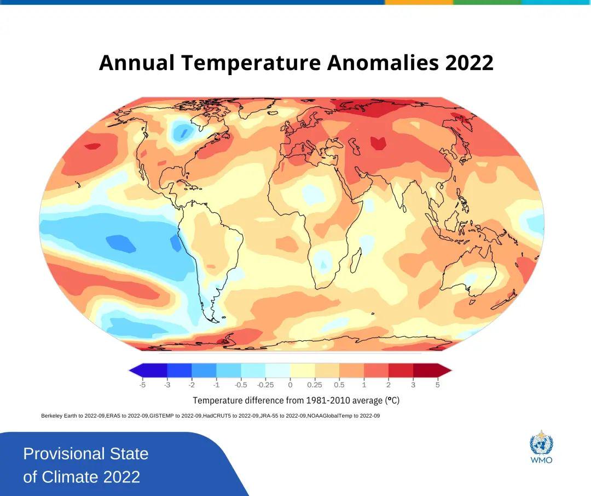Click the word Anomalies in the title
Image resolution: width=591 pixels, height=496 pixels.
point(383,63)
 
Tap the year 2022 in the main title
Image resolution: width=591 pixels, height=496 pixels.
point(470,63)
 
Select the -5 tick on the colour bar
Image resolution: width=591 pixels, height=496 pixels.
point(142,385)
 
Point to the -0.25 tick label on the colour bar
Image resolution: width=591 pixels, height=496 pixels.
point(265,385)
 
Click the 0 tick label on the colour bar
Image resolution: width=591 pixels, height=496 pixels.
point(290,385)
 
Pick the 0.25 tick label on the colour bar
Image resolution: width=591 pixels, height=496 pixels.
point(315,385)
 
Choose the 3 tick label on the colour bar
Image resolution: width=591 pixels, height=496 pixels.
point(413,385)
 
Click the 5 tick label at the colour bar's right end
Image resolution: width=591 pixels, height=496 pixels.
point(437,385)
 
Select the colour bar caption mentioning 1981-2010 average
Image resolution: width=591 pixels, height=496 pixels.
point(296,400)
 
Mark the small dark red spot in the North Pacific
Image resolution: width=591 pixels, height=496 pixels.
point(92,146)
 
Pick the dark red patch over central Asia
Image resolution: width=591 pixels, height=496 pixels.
point(378,142)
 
